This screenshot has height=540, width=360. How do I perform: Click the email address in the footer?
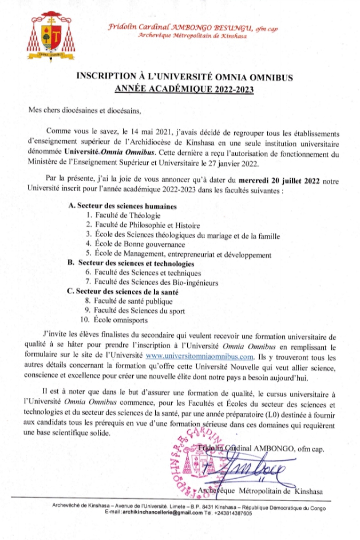[147, 513]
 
